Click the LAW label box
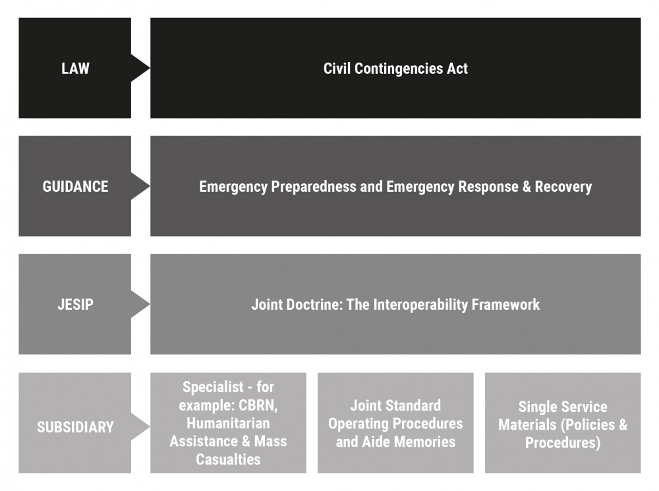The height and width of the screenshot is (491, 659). tap(75, 68)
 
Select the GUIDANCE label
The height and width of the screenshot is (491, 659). tap(75, 187)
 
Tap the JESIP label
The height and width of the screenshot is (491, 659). tap(75, 304)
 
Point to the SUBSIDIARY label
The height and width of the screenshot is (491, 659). tap(75, 427)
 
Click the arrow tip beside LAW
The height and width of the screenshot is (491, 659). tap(150, 68)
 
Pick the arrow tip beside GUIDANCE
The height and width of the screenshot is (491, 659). tap(150, 187)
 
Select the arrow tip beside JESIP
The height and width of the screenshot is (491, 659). tap(150, 304)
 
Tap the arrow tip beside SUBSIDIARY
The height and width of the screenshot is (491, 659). tap(150, 427)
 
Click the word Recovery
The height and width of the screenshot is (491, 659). tap(563, 187)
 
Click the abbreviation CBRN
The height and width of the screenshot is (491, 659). tap(258, 405)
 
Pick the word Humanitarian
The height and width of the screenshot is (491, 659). tap(228, 423)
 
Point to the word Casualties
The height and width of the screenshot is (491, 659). tap(228, 459)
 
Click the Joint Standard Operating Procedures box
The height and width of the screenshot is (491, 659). tap(395, 423)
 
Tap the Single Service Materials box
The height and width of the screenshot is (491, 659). tap(563, 423)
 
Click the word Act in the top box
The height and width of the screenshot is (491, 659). tap(457, 69)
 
